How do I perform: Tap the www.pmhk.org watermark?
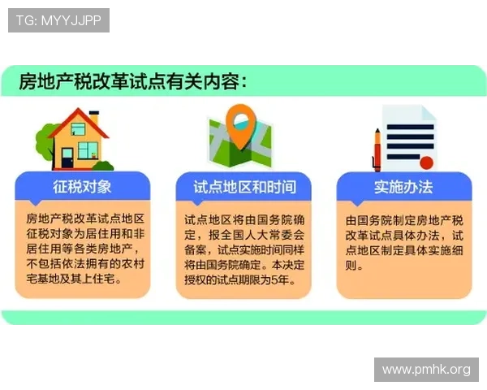pos(425,370)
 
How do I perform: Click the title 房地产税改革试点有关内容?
pos(133,82)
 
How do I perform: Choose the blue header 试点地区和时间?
pos(244,187)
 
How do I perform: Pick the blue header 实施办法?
pos(403,187)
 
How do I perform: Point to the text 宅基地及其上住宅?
pos(73,279)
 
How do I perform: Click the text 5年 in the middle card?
pos(278,279)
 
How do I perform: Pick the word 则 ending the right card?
pos(351,265)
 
